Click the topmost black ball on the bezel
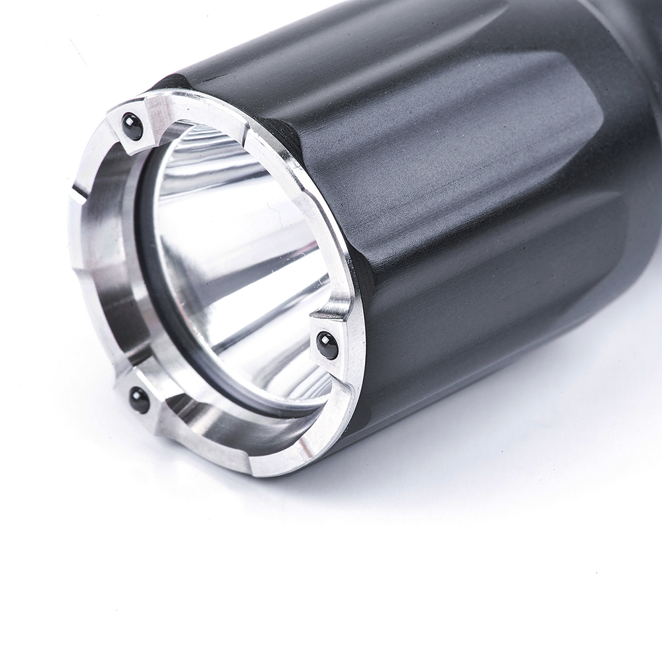coord(132,126)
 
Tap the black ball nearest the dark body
coord(327,345)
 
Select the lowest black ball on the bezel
coord(139,399)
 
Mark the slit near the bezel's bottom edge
coord(251,466)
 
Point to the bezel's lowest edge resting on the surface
coord(278,473)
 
